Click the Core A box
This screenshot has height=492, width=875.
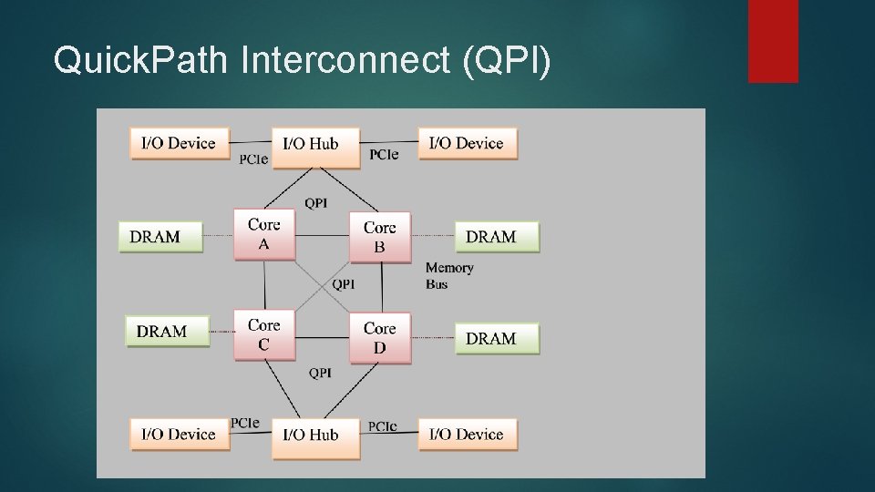click(264, 234)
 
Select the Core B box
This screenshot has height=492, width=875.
click(380, 237)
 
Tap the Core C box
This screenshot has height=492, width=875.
click(264, 334)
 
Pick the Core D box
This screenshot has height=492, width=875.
click(380, 337)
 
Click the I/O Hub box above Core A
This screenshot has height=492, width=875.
click(315, 146)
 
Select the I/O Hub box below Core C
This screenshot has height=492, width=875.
click(315, 436)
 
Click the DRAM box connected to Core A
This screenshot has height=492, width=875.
click(160, 236)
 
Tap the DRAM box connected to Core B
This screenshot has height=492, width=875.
click(497, 236)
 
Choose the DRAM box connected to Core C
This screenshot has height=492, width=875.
click(167, 331)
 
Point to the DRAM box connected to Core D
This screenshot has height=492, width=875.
click(497, 338)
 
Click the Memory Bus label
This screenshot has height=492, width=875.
click(449, 275)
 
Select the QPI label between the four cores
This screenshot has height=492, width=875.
click(343, 284)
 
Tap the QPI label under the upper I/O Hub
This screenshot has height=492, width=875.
click(315, 202)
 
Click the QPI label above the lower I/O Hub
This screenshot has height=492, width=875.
click(319, 373)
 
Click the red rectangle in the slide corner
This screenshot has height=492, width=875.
click(773, 40)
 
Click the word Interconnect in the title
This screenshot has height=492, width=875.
click(345, 60)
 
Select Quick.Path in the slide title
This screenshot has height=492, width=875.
click(142, 60)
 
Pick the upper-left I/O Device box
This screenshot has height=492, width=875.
click(180, 143)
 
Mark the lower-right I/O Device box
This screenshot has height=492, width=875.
click(468, 434)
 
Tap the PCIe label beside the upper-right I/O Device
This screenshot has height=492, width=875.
click(384, 155)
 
